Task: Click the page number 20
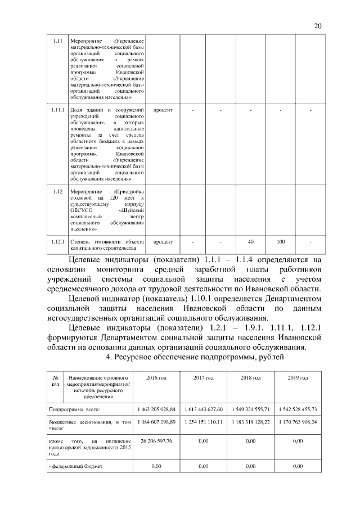click(317, 26)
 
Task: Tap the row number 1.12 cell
click(56, 192)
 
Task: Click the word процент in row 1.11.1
click(163, 109)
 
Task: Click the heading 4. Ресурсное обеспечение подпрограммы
click(195, 357)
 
